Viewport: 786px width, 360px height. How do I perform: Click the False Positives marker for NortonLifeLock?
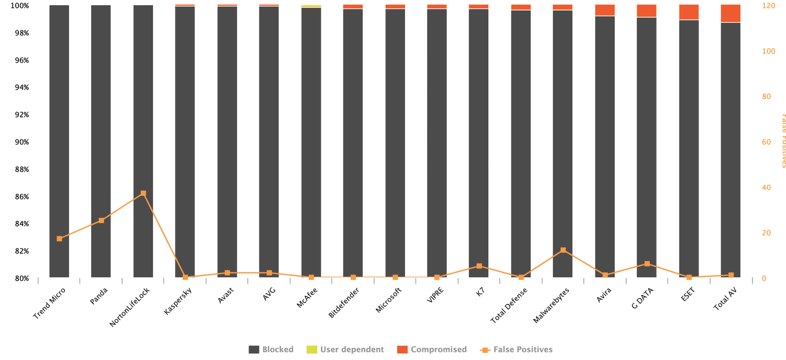point(143,193)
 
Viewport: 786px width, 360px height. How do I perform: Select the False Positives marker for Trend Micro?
point(59,238)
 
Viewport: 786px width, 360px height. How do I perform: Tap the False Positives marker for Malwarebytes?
point(563,250)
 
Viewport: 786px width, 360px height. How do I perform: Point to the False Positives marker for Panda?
point(101,220)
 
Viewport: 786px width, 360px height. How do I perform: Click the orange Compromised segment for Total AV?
point(730,14)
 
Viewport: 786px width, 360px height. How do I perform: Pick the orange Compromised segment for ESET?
point(689,12)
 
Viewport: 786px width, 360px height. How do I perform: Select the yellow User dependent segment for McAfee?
point(311,6)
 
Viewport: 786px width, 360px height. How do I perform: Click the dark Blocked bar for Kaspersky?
point(185,141)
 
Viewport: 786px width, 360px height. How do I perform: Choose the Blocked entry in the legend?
point(271,350)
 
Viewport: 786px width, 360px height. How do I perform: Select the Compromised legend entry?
point(432,350)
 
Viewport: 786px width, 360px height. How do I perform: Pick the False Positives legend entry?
point(516,350)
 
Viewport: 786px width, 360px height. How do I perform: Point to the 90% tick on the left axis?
point(21,142)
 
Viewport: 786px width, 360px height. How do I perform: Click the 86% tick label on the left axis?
point(21,197)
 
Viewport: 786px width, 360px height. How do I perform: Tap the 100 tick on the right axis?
point(768,51)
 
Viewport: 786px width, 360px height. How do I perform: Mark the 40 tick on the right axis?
point(767,188)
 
